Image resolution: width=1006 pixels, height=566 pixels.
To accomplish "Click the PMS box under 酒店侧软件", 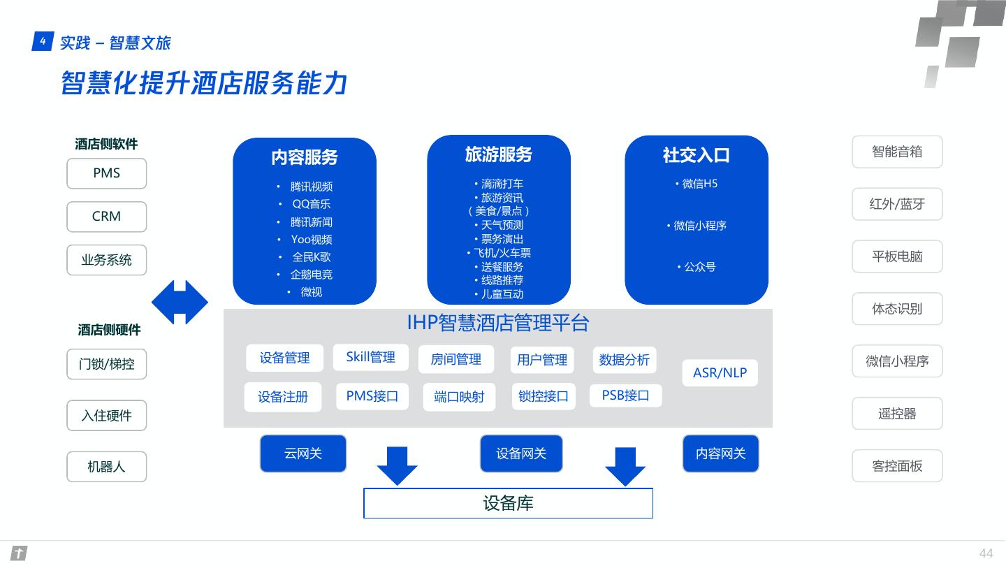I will point(106,173).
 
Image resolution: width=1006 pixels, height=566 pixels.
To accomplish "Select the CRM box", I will point(106,217).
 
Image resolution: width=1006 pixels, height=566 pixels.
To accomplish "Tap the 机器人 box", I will point(106,467).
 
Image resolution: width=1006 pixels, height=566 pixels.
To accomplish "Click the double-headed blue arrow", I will point(180,302).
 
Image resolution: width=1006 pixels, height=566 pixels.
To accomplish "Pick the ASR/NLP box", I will point(720,372).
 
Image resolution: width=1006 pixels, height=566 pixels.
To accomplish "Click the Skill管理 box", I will point(370,357).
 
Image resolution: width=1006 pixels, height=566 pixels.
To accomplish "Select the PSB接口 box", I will point(625,396).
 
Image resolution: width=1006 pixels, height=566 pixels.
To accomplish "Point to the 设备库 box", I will point(508,503).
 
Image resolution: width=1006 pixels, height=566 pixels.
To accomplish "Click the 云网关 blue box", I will point(302,453).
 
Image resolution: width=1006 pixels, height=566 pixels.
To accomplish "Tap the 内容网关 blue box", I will point(720,453).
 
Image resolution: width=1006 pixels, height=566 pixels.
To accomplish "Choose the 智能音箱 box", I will point(897,152).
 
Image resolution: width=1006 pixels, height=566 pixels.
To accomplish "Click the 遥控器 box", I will point(897,414).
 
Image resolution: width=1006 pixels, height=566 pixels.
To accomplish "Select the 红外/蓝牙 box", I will point(897,204).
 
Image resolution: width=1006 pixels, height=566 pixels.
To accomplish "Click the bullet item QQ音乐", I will point(311,204).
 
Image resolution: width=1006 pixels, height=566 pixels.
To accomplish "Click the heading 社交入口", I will point(696,155).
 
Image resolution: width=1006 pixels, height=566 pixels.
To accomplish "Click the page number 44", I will point(986,553).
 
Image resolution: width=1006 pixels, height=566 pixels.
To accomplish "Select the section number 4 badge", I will point(43,42).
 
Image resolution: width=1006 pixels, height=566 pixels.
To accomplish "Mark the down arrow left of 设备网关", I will point(397,465).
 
